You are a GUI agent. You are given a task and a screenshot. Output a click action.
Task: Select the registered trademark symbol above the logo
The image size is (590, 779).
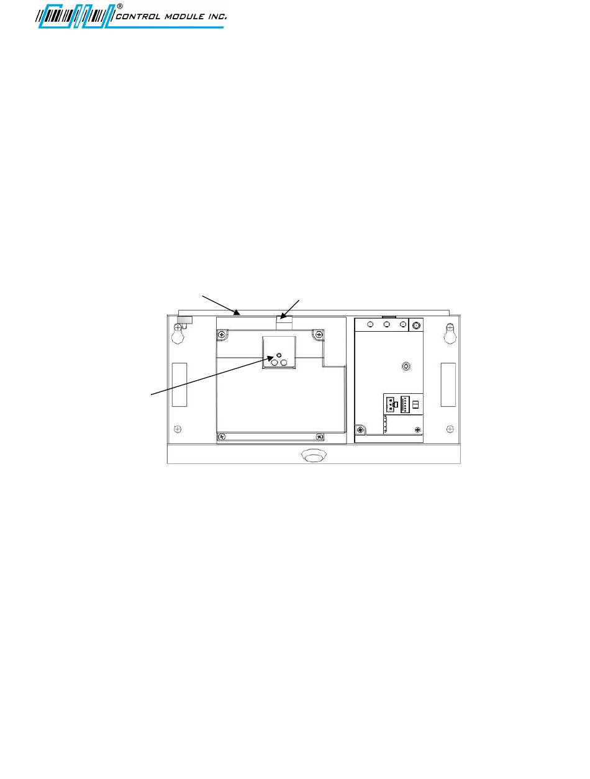coord(120,6)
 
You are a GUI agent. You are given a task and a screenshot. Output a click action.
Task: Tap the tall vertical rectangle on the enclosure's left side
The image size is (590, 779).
coord(179,385)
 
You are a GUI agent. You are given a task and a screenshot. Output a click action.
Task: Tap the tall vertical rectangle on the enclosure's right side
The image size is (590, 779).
coord(448,385)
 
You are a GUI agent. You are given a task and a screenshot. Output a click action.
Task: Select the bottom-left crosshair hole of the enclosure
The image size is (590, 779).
coord(178,429)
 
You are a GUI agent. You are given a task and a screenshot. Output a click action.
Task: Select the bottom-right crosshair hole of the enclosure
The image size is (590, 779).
coord(450,429)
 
